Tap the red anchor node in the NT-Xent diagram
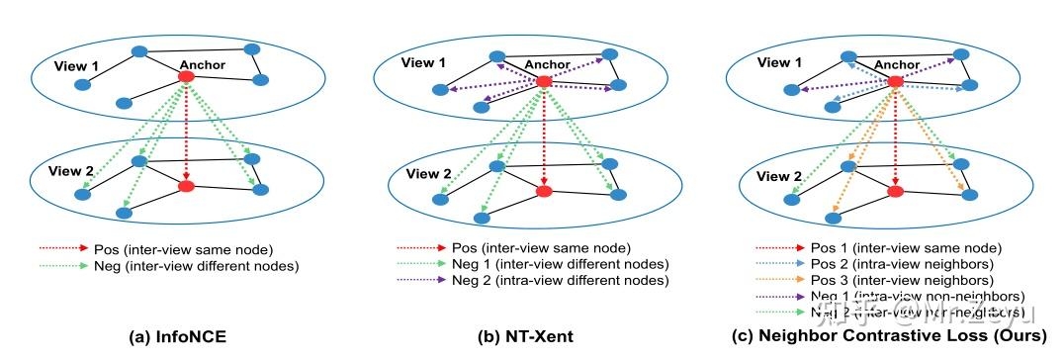pos(543,81)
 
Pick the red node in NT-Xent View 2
pos(543,191)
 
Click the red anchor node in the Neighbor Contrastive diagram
pos(895,81)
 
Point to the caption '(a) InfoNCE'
pos(178,337)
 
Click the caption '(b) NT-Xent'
pos(525,337)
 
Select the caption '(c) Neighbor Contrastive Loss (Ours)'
pos(891,337)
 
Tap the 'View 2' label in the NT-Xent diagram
pos(425,173)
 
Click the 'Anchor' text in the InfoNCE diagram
pos(204,65)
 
